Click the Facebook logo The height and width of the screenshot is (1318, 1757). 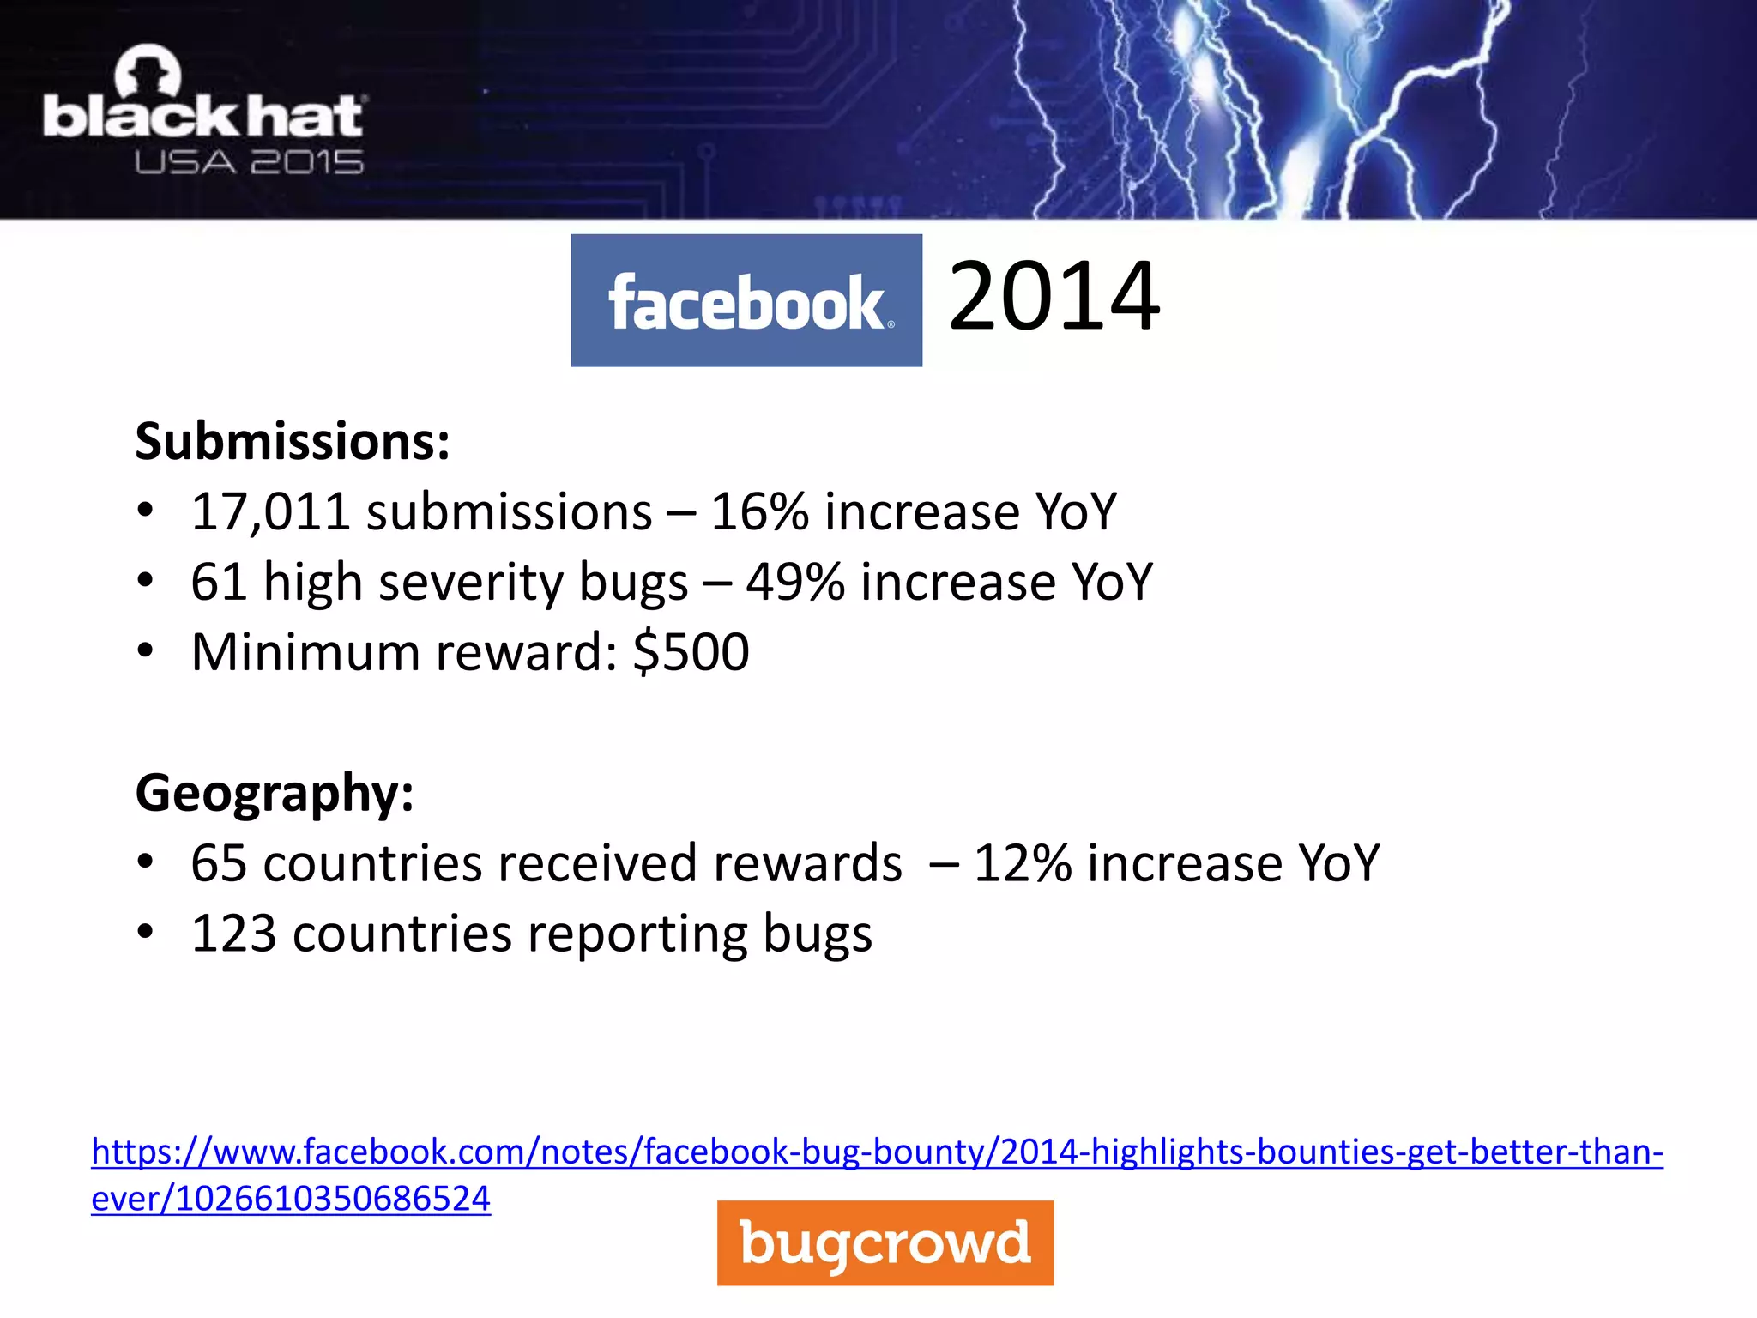coord(746,300)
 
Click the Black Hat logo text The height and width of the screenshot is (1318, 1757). coord(203,117)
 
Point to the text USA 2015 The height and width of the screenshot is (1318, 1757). coord(249,162)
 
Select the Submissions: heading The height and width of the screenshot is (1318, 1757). coord(293,442)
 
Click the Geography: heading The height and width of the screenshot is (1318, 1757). coord(275,793)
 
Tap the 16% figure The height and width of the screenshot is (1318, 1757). coord(759,512)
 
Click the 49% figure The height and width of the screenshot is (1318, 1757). coord(795,583)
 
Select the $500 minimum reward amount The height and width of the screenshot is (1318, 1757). coord(691,652)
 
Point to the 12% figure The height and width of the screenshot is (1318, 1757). coord(1022,863)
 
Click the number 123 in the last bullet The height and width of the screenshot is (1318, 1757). coord(233,934)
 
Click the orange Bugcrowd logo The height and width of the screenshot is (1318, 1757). coord(885,1242)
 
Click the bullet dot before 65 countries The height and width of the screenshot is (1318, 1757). coord(146,862)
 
